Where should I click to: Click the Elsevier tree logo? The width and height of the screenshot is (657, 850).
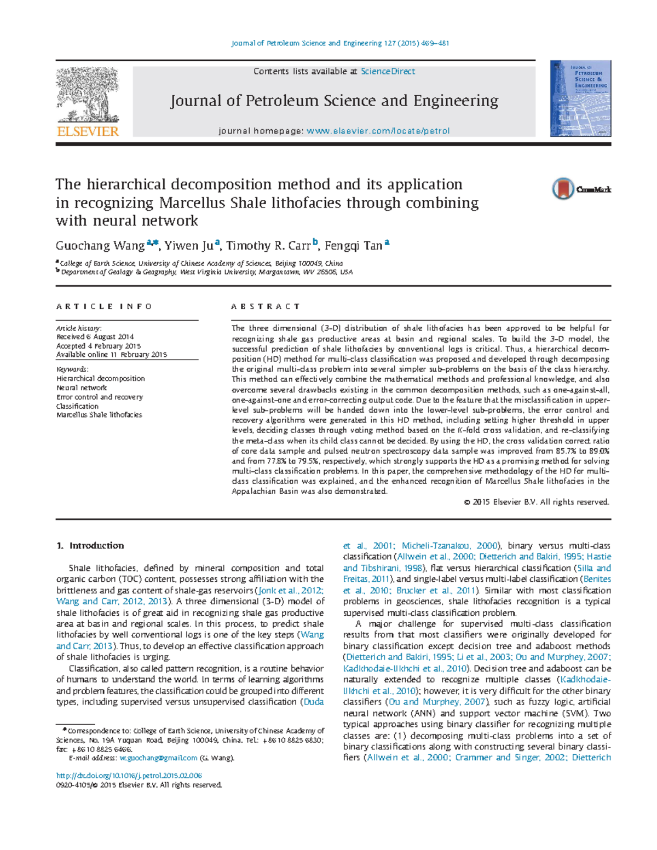(x=88, y=96)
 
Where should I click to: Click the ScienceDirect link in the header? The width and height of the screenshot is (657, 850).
(x=388, y=72)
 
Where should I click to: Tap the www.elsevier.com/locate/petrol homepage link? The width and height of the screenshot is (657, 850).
(x=378, y=131)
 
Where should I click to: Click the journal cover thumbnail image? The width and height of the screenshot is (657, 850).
(x=580, y=99)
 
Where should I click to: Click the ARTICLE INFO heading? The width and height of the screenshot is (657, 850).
(x=105, y=307)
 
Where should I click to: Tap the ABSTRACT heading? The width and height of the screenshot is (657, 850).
(x=266, y=307)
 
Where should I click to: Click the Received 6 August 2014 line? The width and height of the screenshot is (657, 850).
(x=95, y=337)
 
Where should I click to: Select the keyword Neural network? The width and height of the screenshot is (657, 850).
(x=82, y=388)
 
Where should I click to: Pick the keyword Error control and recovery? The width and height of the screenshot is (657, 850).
(x=100, y=397)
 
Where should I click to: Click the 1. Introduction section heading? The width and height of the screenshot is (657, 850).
(x=90, y=546)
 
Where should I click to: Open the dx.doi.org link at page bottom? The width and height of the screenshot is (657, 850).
(x=129, y=776)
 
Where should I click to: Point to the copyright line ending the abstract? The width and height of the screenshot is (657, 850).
(x=537, y=502)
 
